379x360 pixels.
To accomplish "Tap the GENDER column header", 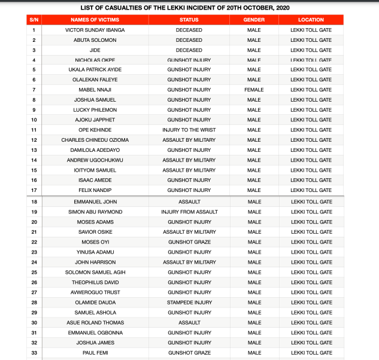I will pyautogui.click(x=254, y=20).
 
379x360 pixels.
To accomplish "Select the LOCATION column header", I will pyautogui.click(x=311, y=20).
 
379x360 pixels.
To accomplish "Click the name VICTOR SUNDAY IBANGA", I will pyautogui.click(x=92, y=30).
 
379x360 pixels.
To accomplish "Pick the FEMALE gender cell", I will pyautogui.click(x=254, y=90).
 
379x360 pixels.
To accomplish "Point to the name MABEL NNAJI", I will pyautogui.click(x=92, y=90).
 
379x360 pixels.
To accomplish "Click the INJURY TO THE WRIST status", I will pyautogui.click(x=189, y=130).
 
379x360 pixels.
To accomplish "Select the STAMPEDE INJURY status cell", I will pyautogui.click(x=189, y=303).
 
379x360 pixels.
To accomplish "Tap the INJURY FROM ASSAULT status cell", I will pyautogui.click(x=189, y=212).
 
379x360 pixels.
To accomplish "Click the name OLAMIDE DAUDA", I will pyautogui.click(x=92, y=303).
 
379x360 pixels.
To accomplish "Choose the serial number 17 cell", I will pyautogui.click(x=34, y=190).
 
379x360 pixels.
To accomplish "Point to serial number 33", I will pyautogui.click(x=34, y=353).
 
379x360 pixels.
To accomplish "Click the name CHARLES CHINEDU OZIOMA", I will pyautogui.click(x=92, y=140).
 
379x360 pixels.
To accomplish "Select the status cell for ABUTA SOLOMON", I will pyautogui.click(x=189, y=40).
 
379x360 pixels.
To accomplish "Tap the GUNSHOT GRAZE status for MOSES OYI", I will pyautogui.click(x=189, y=242).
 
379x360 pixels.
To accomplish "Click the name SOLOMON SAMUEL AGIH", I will pyautogui.click(x=92, y=272).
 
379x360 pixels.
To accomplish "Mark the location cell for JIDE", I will pyautogui.click(x=311, y=50).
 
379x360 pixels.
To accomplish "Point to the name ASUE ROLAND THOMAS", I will pyautogui.click(x=92, y=322).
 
